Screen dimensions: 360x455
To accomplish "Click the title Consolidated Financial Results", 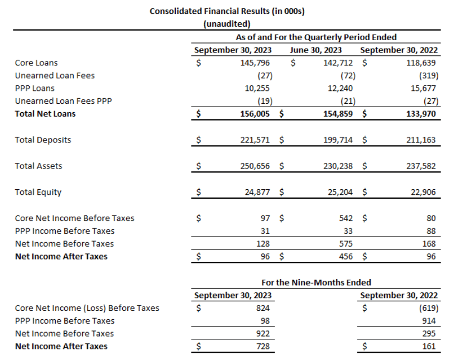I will pyautogui.click(x=227, y=11).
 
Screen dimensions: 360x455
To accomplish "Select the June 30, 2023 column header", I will pyautogui.click(x=316, y=50).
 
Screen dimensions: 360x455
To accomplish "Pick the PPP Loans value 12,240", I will pyautogui.click(x=339, y=88).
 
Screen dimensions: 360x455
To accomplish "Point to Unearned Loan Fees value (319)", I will pyautogui.click(x=428, y=75).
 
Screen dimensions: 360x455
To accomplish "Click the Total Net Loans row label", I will pyautogui.click(x=45, y=114).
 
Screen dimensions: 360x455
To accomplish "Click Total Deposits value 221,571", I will pyautogui.click(x=255, y=140).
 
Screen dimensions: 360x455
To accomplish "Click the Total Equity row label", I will pyautogui.click(x=38, y=192).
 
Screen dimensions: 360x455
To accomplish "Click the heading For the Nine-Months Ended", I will pyautogui.click(x=316, y=282).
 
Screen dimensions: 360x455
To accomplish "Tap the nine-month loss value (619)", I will pyautogui.click(x=428, y=308).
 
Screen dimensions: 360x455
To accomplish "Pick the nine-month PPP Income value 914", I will pyautogui.click(x=429, y=321).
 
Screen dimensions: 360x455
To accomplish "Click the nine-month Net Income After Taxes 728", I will pyautogui.click(x=262, y=347).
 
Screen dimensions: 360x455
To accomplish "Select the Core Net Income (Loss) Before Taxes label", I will pyautogui.click(x=87, y=308).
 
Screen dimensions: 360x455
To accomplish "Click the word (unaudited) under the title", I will pyautogui.click(x=227, y=23).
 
